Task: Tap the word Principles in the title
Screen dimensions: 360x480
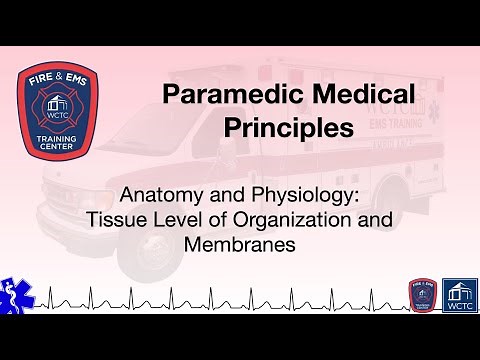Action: tap(289, 128)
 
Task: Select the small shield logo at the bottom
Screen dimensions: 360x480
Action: tap(421, 295)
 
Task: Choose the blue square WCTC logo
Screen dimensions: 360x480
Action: tap(459, 295)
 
